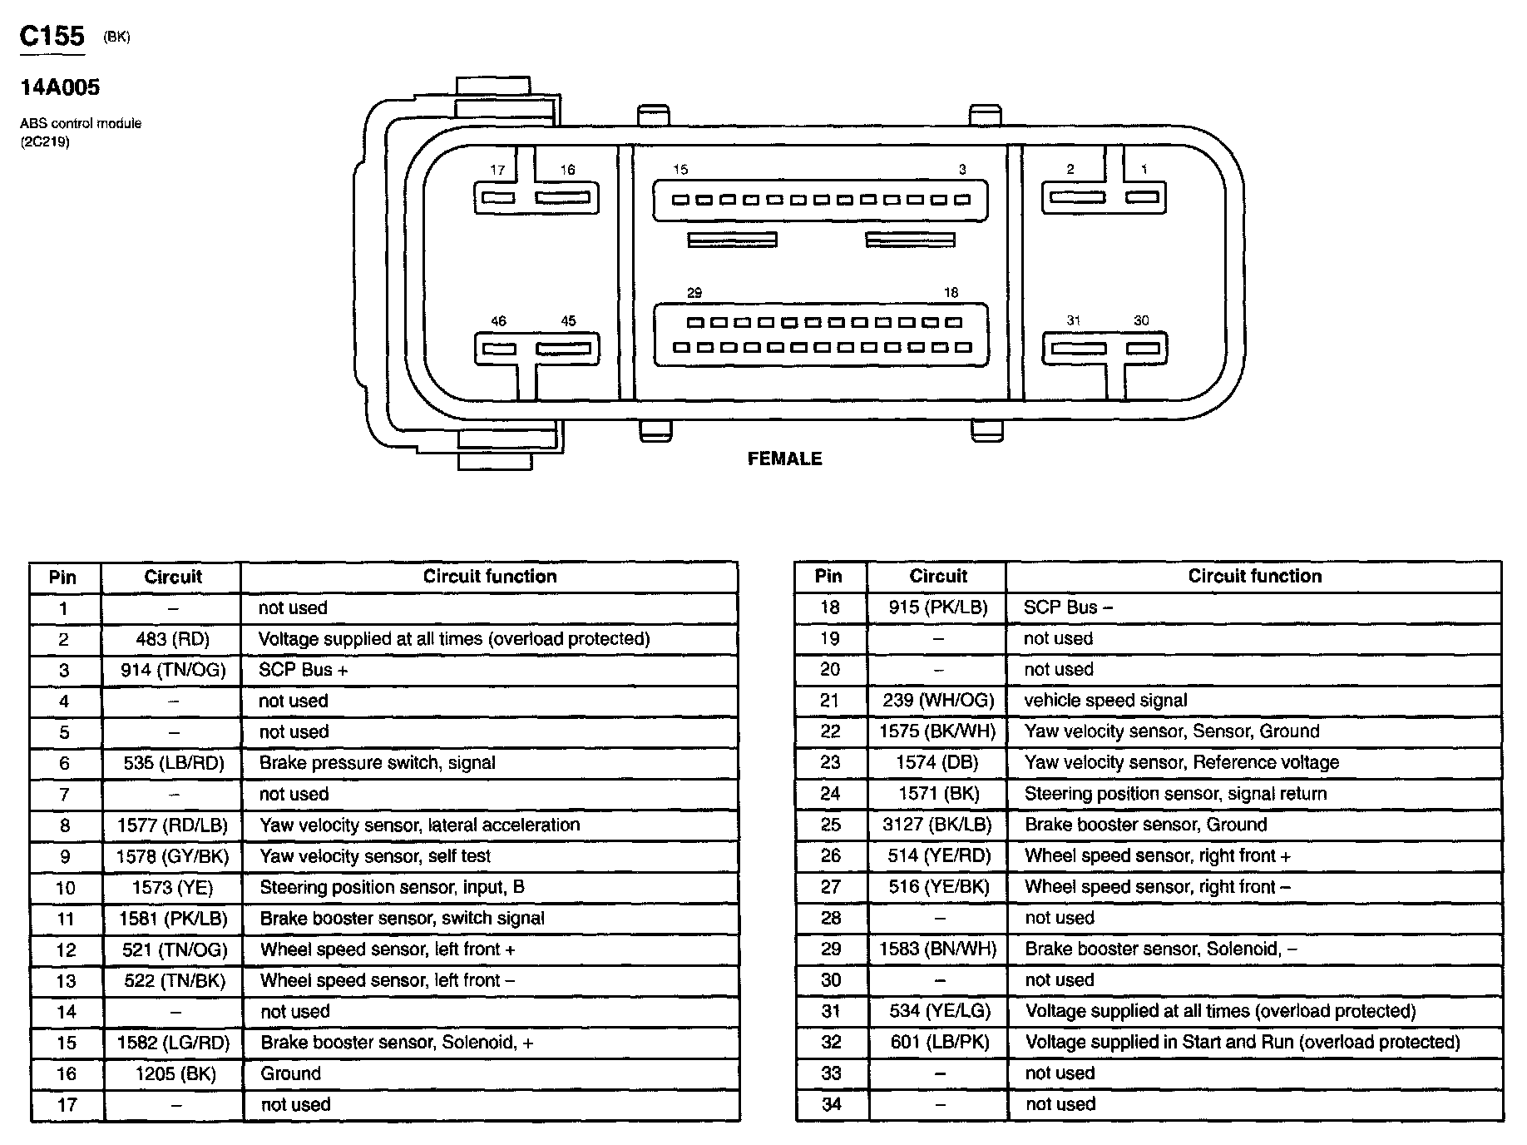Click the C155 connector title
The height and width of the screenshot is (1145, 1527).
tap(52, 36)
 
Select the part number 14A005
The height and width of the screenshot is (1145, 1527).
tap(60, 87)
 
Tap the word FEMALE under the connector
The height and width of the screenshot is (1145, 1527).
tap(784, 458)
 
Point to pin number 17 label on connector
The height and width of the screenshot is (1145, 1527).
tap(497, 170)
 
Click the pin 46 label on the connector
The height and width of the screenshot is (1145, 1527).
tap(498, 321)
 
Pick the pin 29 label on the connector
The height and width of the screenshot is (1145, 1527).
tap(694, 293)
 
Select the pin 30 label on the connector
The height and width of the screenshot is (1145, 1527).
tap(1141, 320)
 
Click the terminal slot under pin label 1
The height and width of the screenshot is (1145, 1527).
tap(1142, 197)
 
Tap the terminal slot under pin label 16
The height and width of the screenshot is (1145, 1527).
tap(562, 198)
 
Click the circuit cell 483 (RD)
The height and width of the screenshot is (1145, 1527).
tap(172, 639)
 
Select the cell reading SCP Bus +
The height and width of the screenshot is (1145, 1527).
tap(304, 670)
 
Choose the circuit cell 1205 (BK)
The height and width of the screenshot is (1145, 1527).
tap(175, 1073)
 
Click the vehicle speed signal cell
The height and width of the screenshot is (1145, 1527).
tap(1105, 701)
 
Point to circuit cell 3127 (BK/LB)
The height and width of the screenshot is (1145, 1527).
tap(937, 825)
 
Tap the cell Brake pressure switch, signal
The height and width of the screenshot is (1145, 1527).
tap(377, 763)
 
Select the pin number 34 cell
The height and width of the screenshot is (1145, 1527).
tap(830, 1104)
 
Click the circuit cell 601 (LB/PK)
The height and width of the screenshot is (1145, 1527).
tap(939, 1042)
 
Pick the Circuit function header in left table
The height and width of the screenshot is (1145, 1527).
tap(489, 577)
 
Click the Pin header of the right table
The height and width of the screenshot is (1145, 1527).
tap(828, 576)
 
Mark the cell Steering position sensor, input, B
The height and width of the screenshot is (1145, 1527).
tap(392, 887)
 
